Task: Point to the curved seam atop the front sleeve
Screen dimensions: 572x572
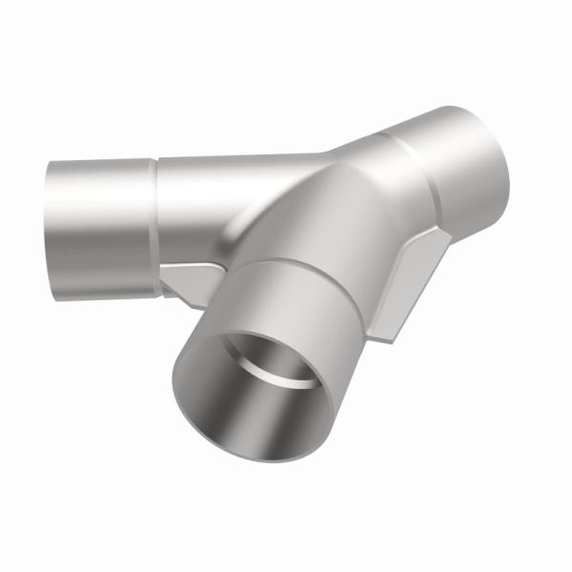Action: pyautogui.click(x=296, y=262)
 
